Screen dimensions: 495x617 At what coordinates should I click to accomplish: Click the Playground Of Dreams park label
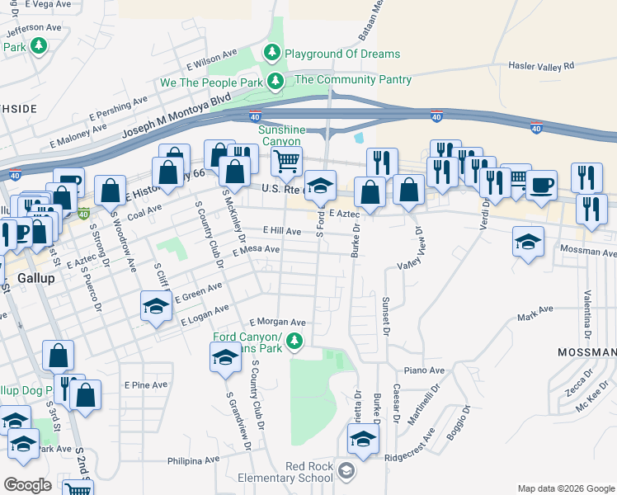[342, 54]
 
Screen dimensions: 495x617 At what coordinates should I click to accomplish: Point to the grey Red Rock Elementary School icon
[347, 472]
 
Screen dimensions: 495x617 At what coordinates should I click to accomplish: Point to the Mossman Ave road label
[587, 250]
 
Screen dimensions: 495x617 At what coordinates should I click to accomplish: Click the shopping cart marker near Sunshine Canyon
[285, 161]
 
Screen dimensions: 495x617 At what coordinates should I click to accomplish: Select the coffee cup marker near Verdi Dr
[541, 184]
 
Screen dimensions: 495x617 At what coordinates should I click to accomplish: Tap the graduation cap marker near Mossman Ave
[528, 241]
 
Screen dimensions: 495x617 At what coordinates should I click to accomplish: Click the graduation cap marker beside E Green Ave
[155, 306]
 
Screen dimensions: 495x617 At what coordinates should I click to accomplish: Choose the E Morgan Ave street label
[278, 322]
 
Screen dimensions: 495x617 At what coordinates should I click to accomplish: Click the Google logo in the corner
[27, 485]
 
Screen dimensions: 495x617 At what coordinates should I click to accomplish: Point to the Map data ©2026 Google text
[565, 488]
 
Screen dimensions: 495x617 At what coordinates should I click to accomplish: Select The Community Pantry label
[352, 79]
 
